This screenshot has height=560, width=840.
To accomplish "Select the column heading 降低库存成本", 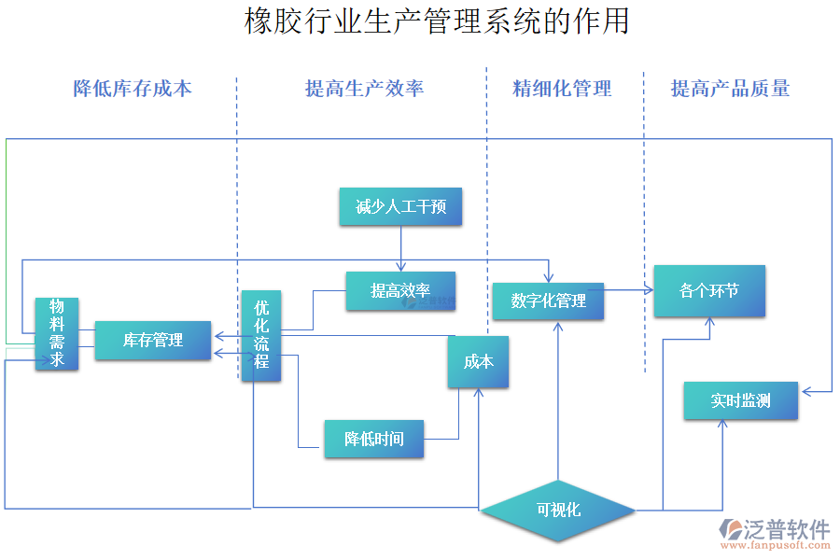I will coord(133,89).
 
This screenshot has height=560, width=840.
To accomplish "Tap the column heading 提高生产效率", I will coord(364,89).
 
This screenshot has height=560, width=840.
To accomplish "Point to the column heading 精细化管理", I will coord(562,89).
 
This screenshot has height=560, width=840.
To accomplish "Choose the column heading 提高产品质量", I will coord(730,89).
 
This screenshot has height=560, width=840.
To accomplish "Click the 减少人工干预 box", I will coord(400,206).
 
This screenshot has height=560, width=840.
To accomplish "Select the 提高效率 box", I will coord(400,290).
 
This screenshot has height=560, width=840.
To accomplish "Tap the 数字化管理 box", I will coord(548,301).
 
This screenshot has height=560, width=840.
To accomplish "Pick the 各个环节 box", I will coord(709,290).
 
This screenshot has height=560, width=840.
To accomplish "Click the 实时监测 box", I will coord(741,400).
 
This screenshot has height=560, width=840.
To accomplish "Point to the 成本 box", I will coord(479,361).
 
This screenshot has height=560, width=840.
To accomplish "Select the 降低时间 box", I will coord(373,439).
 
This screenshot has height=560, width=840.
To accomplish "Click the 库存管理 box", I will coord(153,340).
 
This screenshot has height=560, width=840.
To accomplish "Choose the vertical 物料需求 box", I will coord(57,333).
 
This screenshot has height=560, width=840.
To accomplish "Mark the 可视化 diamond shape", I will coord(558,510).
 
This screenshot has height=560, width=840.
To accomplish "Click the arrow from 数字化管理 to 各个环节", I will coord(628,290).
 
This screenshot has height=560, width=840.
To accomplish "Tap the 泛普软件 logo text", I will coord(786,529).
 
